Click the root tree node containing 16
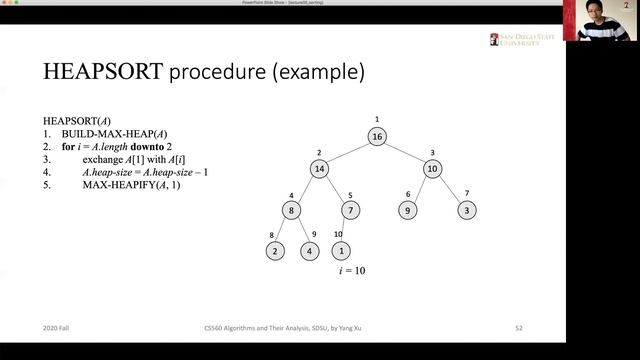376,137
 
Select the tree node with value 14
319,169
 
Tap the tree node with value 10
432,169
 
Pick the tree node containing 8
291,210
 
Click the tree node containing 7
350,210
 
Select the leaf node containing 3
467,210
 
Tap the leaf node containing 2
276,251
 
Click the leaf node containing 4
310,251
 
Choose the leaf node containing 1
341,251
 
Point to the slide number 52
519,327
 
